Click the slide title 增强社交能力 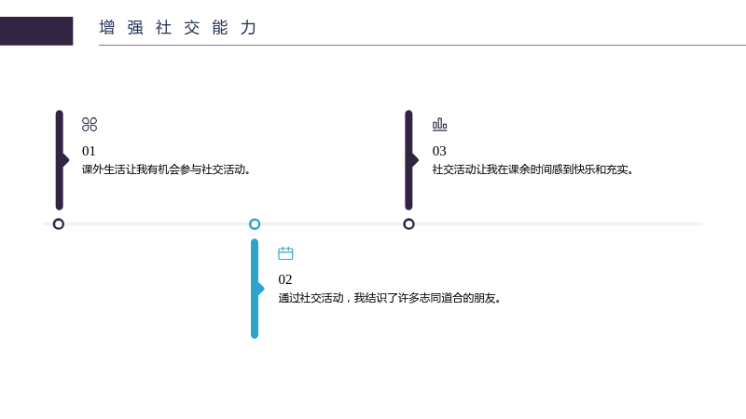[x=178, y=28]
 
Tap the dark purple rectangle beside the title [x=36, y=31]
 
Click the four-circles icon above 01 [x=90, y=125]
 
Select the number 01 [x=89, y=151]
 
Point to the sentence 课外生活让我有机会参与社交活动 [x=166, y=169]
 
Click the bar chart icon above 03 [x=439, y=125]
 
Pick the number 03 [x=439, y=151]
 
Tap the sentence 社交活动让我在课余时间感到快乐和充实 [x=532, y=169]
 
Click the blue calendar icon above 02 [x=285, y=253]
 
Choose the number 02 [x=285, y=279]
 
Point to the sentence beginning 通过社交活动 [x=390, y=298]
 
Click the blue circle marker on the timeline [x=255, y=219]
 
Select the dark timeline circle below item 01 [x=59, y=219]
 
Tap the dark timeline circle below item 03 [x=408, y=219]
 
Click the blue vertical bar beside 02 [x=255, y=289]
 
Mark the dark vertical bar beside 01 [x=59, y=160]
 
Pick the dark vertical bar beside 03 [x=408, y=160]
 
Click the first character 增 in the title [x=107, y=28]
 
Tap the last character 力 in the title [x=248, y=28]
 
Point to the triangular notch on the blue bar [x=261, y=289]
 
